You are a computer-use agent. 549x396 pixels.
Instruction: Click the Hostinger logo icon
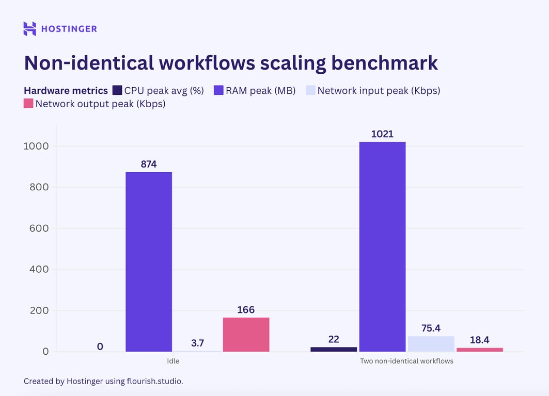[30, 29]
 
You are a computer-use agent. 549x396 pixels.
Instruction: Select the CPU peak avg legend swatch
[117, 91]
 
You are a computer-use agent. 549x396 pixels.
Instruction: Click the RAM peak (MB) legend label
[260, 91]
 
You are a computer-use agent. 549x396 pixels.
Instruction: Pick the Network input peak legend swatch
[310, 91]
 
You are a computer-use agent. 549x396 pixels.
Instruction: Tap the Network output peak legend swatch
[28, 104]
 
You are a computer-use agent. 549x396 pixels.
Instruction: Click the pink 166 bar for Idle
[246, 335]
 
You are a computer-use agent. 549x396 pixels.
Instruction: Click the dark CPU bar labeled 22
[334, 349]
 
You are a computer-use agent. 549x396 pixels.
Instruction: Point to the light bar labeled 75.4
[431, 344]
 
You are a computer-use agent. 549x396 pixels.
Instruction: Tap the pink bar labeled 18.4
[479, 350]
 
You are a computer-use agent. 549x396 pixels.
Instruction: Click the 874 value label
[149, 164]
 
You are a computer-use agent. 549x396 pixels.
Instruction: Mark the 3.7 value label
[197, 342]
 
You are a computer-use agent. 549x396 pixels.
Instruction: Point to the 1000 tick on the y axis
[36, 146]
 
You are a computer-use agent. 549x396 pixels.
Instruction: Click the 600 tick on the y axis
[39, 228]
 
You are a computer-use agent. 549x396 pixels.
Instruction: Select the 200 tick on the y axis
[39, 310]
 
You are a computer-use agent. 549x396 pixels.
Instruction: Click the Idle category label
[173, 361]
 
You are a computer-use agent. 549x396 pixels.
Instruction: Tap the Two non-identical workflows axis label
[406, 361]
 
